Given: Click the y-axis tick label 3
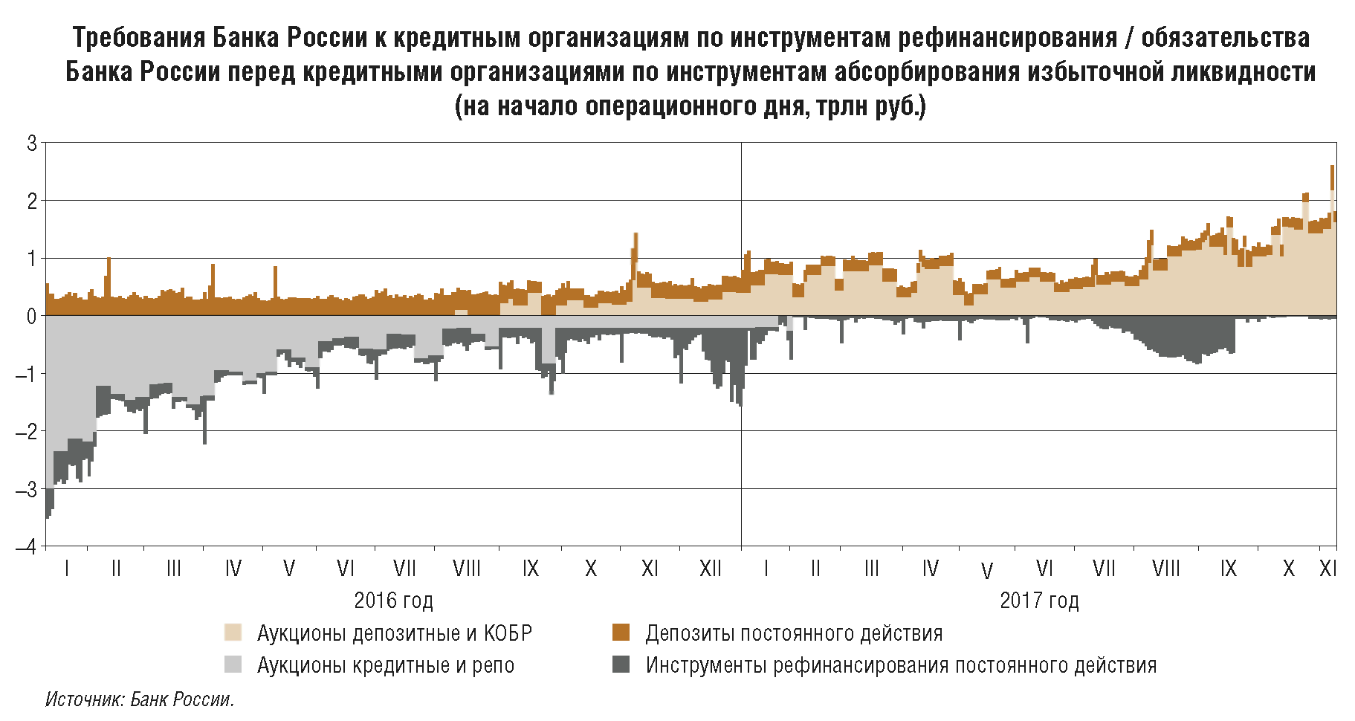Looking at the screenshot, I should [x=31, y=143].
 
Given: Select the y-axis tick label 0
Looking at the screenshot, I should [x=31, y=317].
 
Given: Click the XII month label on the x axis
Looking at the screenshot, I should [x=711, y=569].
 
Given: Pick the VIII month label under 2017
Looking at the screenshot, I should [x=1165, y=569].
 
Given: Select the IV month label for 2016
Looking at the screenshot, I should [x=233, y=569].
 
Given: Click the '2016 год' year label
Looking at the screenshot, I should [x=393, y=601].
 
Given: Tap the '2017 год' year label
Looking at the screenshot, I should [x=1039, y=601].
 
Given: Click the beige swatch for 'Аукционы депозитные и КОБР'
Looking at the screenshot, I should [x=233, y=633].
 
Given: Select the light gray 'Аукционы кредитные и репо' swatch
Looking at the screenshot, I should [x=233, y=665].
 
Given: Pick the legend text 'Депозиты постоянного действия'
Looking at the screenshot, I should [x=794, y=633].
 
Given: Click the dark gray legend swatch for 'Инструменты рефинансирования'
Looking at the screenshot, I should [x=621, y=665].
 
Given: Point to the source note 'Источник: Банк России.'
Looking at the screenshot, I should [x=140, y=699].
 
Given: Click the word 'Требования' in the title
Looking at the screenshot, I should [x=138, y=37].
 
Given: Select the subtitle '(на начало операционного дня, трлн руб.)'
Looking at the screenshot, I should [x=690, y=106].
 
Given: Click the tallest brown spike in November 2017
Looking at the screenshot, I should [x=1332, y=168].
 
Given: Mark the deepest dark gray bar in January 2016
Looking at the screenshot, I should [x=48, y=514].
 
